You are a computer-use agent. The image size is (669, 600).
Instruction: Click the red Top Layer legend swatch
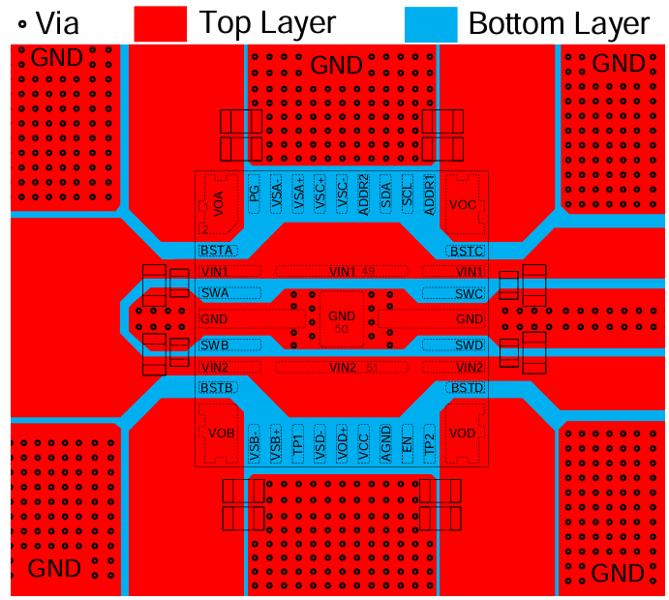tap(160, 23)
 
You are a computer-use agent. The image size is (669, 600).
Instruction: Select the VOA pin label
tap(220, 203)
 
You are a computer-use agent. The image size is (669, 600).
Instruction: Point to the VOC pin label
tap(464, 203)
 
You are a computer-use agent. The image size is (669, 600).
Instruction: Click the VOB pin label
tap(222, 433)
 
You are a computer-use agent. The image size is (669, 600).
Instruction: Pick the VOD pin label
tap(463, 433)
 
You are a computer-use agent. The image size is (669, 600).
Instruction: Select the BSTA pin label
tap(217, 251)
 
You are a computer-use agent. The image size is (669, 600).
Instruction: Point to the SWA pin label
tap(215, 292)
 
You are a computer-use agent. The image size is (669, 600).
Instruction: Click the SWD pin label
tap(469, 345)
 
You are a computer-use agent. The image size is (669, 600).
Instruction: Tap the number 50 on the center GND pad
tap(341, 330)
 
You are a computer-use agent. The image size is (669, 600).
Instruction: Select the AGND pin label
tap(385, 444)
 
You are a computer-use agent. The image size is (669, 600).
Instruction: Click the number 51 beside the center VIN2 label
tap(373, 367)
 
